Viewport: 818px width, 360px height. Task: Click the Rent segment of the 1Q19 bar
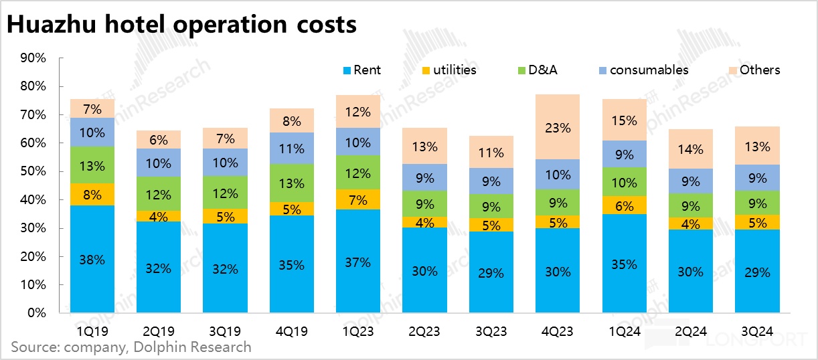[92, 259]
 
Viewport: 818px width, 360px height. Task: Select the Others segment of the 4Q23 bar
[558, 126]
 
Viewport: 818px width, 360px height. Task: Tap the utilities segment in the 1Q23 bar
[358, 199]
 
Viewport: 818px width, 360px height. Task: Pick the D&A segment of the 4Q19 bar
[291, 183]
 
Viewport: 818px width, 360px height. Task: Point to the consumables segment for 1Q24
[625, 154]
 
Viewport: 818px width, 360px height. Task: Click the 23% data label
[558, 127]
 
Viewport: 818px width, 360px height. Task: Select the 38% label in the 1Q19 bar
[92, 260]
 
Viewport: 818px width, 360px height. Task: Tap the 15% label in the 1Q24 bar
[625, 120]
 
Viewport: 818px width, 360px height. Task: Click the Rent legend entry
[361, 70]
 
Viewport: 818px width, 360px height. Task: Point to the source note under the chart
[131, 347]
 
